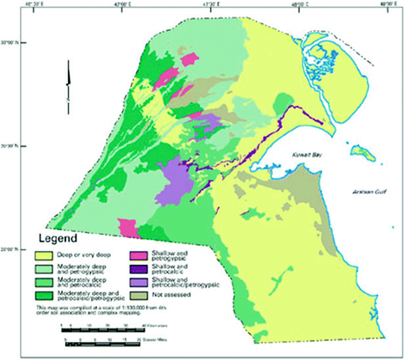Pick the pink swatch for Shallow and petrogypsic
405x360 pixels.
pos(138,255)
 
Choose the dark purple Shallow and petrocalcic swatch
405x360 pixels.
pos(138,268)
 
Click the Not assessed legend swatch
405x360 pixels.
pos(138,296)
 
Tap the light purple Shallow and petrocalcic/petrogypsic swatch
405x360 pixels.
pos(138,282)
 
